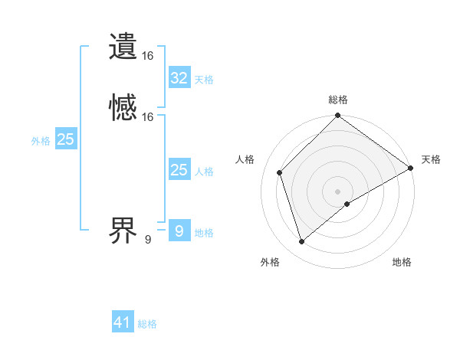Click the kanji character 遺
[123, 46]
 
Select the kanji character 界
[123, 230]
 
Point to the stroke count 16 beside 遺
[148, 56]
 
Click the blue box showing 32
[179, 78]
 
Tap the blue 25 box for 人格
[179, 170]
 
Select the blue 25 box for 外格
[66, 139]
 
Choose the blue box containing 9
[179, 231]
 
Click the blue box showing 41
[123, 322]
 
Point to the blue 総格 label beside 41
[147, 324]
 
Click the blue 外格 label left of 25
[40, 141]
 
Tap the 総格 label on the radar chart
[338, 100]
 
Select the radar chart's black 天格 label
[431, 159]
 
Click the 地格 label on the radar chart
[402, 262]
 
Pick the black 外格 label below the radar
[270, 262]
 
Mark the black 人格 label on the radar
[245, 159]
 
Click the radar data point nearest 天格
[411, 169]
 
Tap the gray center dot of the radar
[338, 191]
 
